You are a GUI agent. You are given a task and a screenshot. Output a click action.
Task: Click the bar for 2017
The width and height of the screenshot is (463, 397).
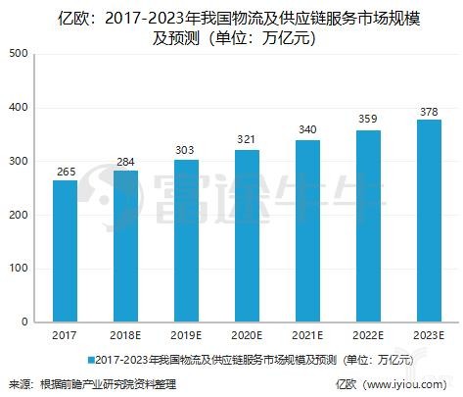point(65,251)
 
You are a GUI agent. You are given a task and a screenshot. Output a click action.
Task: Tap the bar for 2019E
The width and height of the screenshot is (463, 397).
point(185,241)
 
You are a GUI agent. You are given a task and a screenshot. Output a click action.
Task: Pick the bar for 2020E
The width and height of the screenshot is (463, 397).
point(246,236)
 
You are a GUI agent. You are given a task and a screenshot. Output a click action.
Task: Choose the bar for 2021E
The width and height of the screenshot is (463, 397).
point(306,231)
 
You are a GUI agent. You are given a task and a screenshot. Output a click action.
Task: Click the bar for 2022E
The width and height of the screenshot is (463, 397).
point(366,226)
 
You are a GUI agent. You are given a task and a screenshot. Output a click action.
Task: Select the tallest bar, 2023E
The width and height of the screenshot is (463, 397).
point(427,221)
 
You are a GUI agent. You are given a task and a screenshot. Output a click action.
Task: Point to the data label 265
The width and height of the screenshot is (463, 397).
point(65,172)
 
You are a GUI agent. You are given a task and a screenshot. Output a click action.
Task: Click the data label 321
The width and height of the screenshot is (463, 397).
point(246,141)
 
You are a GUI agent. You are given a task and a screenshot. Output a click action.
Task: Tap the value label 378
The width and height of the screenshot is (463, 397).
point(427,111)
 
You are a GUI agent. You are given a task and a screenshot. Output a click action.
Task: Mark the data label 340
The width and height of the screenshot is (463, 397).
point(306,131)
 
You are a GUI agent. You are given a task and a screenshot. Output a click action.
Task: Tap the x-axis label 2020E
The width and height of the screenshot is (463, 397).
point(246,336)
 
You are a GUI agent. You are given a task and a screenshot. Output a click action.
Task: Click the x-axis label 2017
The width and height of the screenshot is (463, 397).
point(65,336)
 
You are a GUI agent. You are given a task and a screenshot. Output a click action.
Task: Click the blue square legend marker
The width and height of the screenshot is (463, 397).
point(92,360)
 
